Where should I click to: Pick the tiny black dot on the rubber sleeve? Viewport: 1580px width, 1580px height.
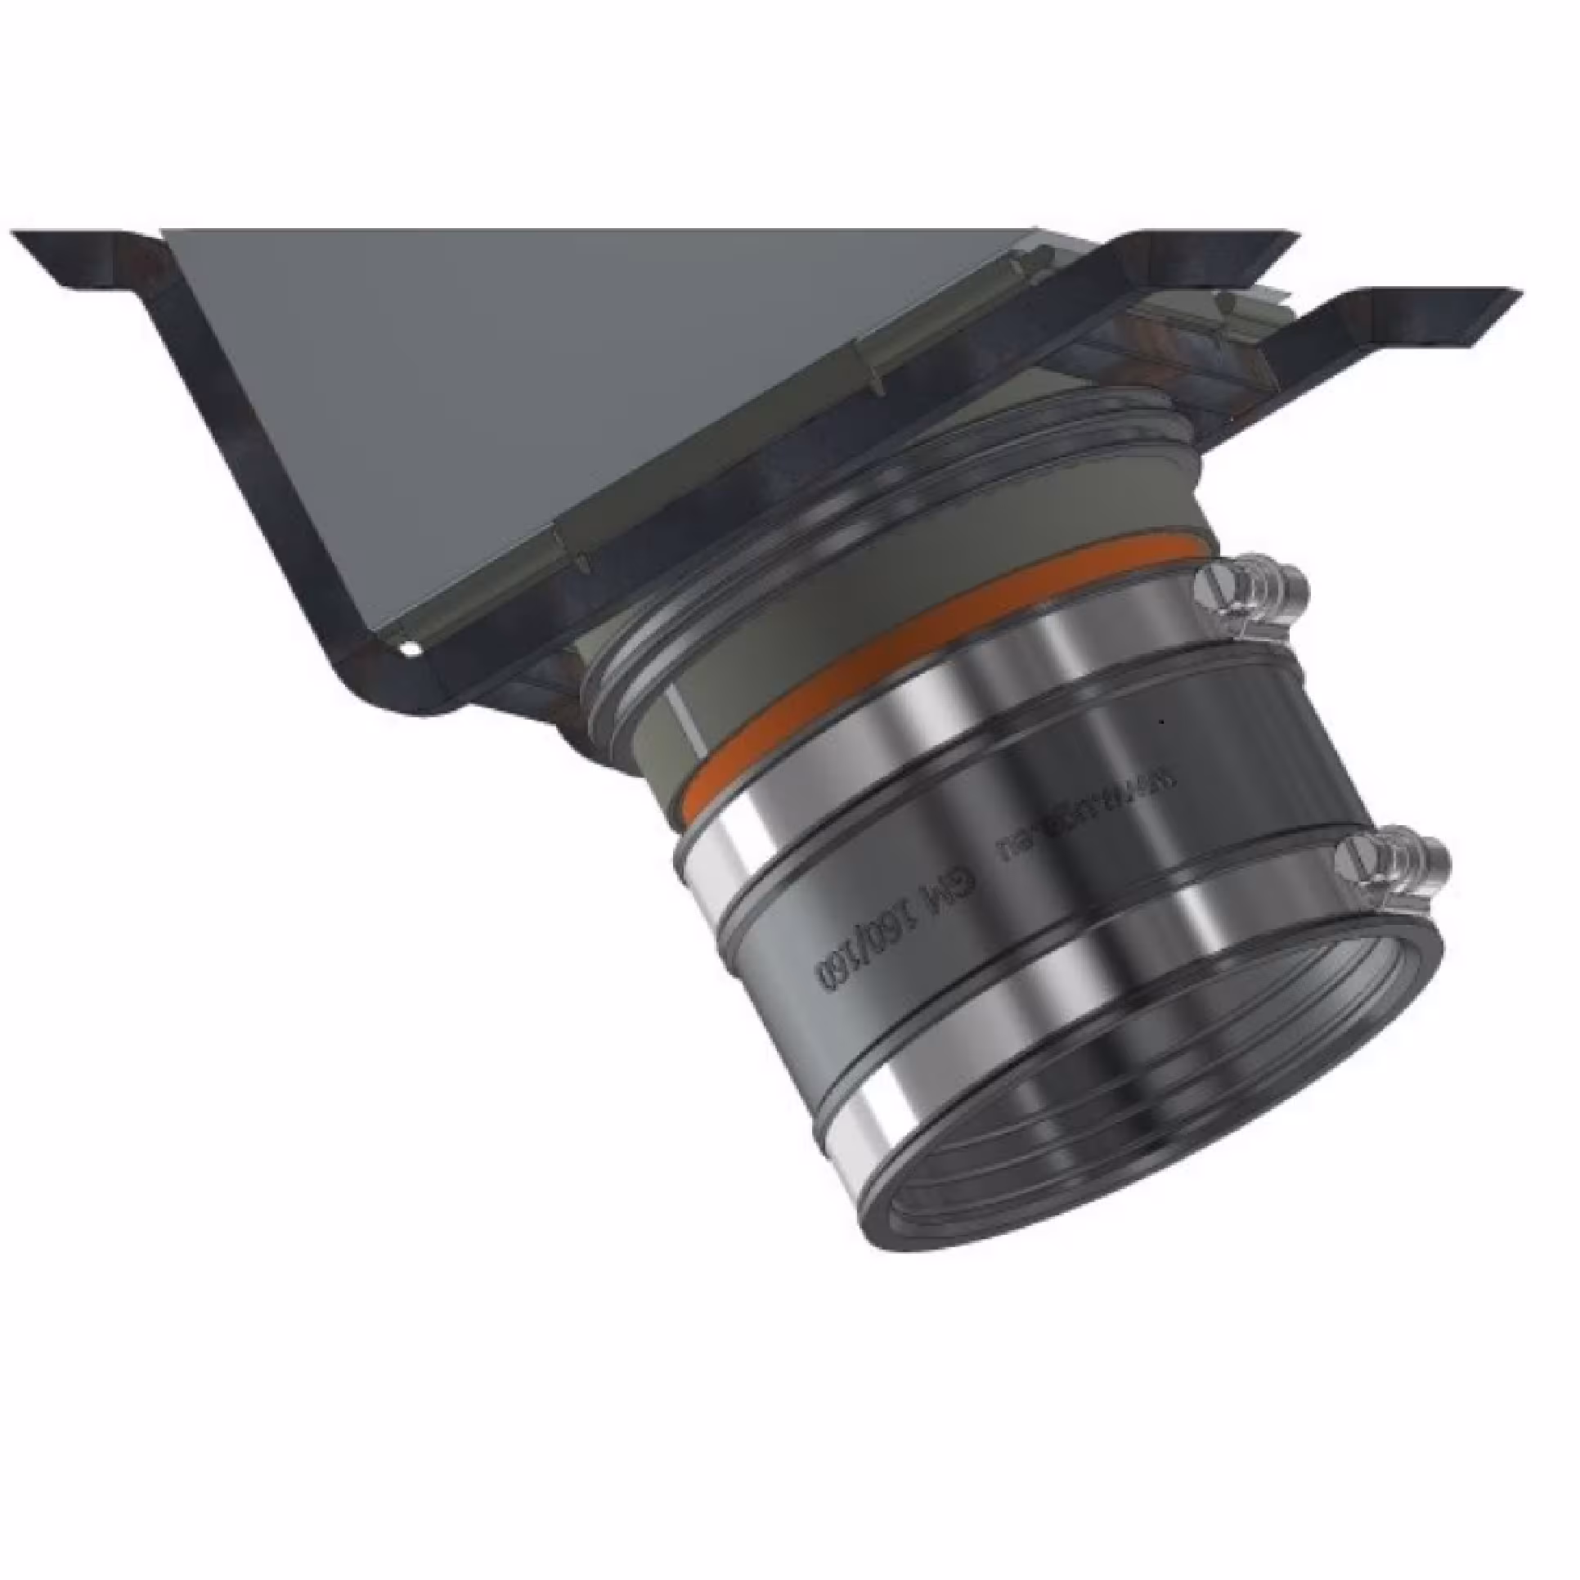tap(1161, 722)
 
